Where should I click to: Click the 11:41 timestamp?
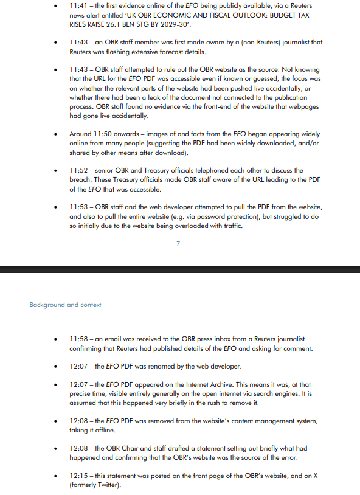click(79, 5)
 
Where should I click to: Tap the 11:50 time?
click(102, 134)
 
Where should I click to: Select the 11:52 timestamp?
click(79, 170)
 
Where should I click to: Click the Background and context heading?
click(65, 305)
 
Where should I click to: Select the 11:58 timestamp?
click(79, 339)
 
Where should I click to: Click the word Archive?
click(230, 385)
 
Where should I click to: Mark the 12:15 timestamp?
click(79, 476)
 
